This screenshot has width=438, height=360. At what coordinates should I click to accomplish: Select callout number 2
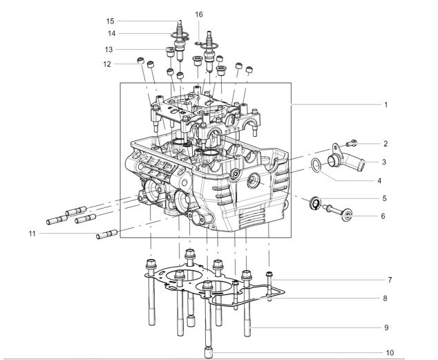(386, 144)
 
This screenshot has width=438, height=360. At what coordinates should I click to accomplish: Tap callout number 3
(386, 162)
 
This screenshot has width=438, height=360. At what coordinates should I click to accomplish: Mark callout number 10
(390, 352)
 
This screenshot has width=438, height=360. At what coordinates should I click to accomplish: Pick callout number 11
(32, 234)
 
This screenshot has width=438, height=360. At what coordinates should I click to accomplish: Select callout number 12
(108, 64)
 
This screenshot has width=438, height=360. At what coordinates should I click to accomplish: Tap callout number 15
(111, 21)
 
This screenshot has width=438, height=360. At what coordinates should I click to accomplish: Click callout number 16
(199, 15)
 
